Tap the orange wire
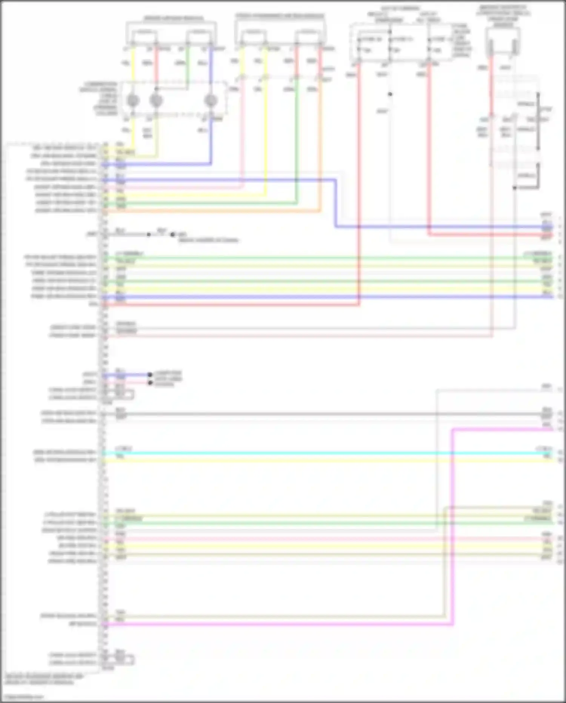pyautogui.click(x=211, y=211)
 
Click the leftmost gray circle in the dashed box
pyautogui.click(x=133, y=101)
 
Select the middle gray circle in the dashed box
pyautogui.click(x=156, y=101)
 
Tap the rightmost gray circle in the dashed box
pyautogui.click(x=211, y=101)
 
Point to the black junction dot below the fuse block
pyautogui.click(x=390, y=94)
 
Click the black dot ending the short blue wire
pyautogui.click(x=150, y=375)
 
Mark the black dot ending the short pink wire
pyautogui.click(x=150, y=383)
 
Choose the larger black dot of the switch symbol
pyautogui.click(x=172, y=235)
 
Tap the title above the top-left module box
pyautogui.click(x=174, y=18)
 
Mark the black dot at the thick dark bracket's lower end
pyautogui.click(x=514, y=188)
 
